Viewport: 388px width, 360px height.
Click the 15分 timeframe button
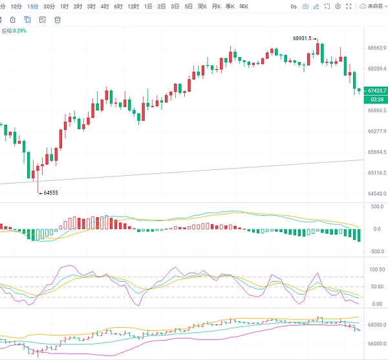(32, 6)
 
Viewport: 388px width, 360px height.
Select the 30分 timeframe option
(48, 6)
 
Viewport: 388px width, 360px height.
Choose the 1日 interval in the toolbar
(149, 6)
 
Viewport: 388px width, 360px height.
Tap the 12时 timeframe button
(133, 6)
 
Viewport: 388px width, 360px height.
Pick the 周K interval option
(202, 6)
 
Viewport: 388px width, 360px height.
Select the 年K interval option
(243, 6)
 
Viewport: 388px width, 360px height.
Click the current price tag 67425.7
(376, 90)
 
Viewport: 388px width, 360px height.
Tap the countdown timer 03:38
(376, 99)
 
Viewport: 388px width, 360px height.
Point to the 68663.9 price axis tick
(376, 48)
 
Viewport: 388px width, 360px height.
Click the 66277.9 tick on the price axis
(376, 131)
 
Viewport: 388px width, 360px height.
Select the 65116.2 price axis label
(376, 173)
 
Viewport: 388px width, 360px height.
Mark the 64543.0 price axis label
(376, 194)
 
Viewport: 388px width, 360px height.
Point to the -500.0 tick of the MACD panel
(376, 251)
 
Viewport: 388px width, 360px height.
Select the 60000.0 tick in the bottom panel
(376, 344)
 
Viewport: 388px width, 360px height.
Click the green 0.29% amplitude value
(21, 30)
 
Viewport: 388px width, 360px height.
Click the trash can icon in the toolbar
(58, 19)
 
